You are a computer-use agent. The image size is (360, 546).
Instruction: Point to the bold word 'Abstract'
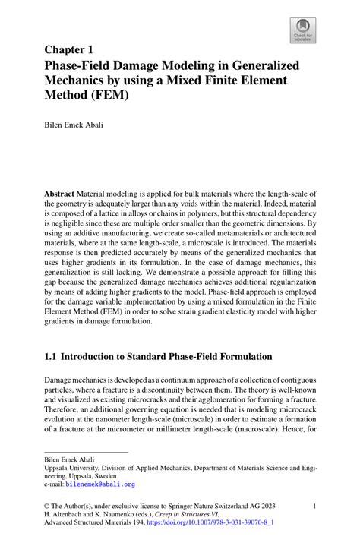(x=60, y=194)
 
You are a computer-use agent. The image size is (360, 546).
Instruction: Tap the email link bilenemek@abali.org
(x=100, y=483)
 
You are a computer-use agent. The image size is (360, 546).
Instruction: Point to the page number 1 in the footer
(x=313, y=504)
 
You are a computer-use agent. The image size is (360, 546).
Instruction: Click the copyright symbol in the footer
(x=48, y=504)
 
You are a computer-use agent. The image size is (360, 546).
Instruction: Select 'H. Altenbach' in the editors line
(x=68, y=514)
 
